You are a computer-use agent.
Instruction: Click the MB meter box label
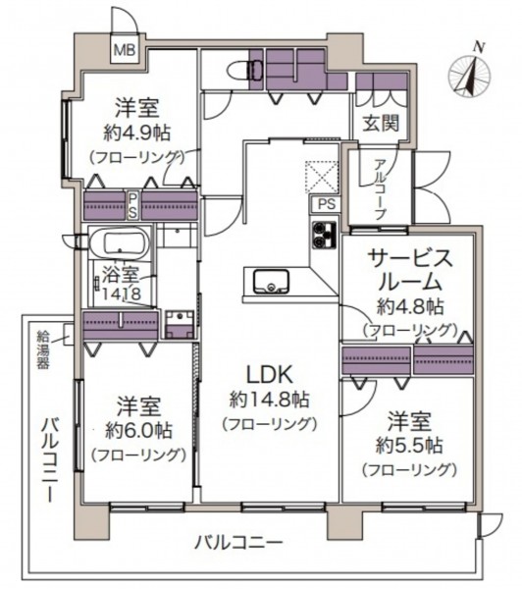coord(125,50)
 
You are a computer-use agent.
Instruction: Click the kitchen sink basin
coord(271,282)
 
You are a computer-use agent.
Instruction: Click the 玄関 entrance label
coord(380,123)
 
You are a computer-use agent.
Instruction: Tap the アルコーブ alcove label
coord(380,189)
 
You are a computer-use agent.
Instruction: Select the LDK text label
coord(269,375)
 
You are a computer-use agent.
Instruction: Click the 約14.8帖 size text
coord(269,400)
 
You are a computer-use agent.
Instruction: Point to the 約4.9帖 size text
coord(137,133)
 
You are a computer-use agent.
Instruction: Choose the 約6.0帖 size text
coord(138,431)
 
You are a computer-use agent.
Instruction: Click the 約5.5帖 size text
coord(410,446)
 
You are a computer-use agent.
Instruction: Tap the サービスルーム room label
coord(410,271)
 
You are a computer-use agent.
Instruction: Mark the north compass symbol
coord(469,72)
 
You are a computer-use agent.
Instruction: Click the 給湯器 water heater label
coord(43,349)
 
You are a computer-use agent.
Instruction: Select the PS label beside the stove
coord(327,204)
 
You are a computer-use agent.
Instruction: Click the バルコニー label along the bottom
coord(238,543)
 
